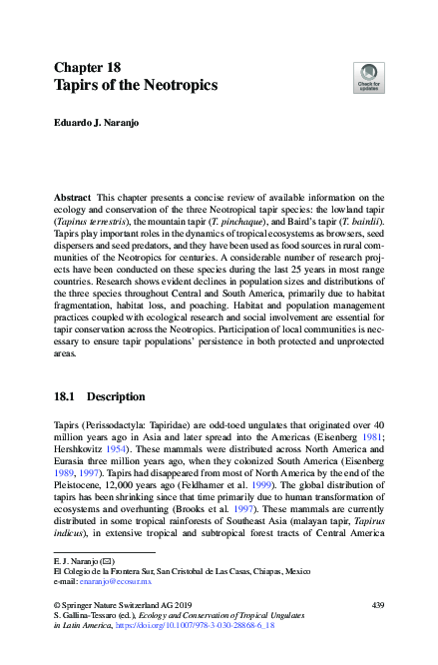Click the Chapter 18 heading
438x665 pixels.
pos(89,66)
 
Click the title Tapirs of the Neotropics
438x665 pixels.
pos(135,85)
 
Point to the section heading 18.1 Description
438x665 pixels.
pos(102,395)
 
